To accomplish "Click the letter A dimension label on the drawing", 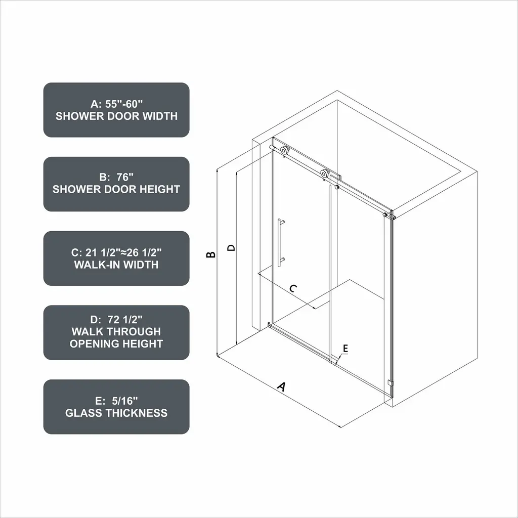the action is [x=281, y=386].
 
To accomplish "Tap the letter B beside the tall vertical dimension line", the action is [x=211, y=254].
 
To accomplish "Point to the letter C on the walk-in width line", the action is [x=293, y=288].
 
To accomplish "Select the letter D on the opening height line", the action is [x=232, y=247].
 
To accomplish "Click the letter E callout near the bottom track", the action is [x=345, y=348].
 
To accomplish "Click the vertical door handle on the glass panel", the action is [x=279, y=242].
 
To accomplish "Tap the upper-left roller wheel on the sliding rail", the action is [x=284, y=150].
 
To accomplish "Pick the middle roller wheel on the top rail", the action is [x=324, y=174].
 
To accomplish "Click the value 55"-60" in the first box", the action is [x=124, y=104].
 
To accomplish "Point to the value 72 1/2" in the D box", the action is [x=125, y=320].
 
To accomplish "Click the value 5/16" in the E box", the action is [x=124, y=401].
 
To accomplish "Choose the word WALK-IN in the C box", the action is [x=95, y=265].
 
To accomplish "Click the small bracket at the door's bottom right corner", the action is [x=390, y=383].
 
